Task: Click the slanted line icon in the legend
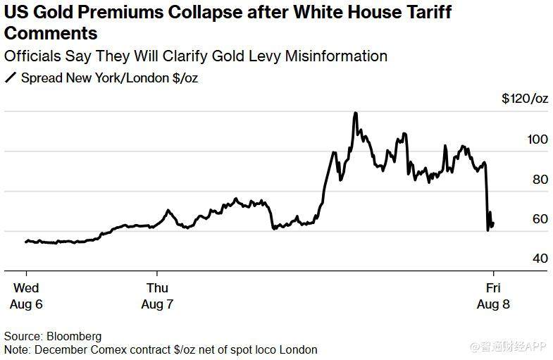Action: tap(11, 78)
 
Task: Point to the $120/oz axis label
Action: tap(525, 99)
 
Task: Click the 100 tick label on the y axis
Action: tap(537, 139)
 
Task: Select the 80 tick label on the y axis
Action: tap(540, 180)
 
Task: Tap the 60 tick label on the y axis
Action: tap(540, 219)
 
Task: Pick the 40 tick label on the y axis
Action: tap(540, 259)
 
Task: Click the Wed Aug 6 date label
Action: tap(26, 296)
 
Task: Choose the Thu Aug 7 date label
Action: tap(157, 296)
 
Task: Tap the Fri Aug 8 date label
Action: tap(493, 296)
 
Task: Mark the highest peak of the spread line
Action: tap(356, 113)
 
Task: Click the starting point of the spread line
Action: tap(26, 242)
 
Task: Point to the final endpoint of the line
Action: tap(493, 224)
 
